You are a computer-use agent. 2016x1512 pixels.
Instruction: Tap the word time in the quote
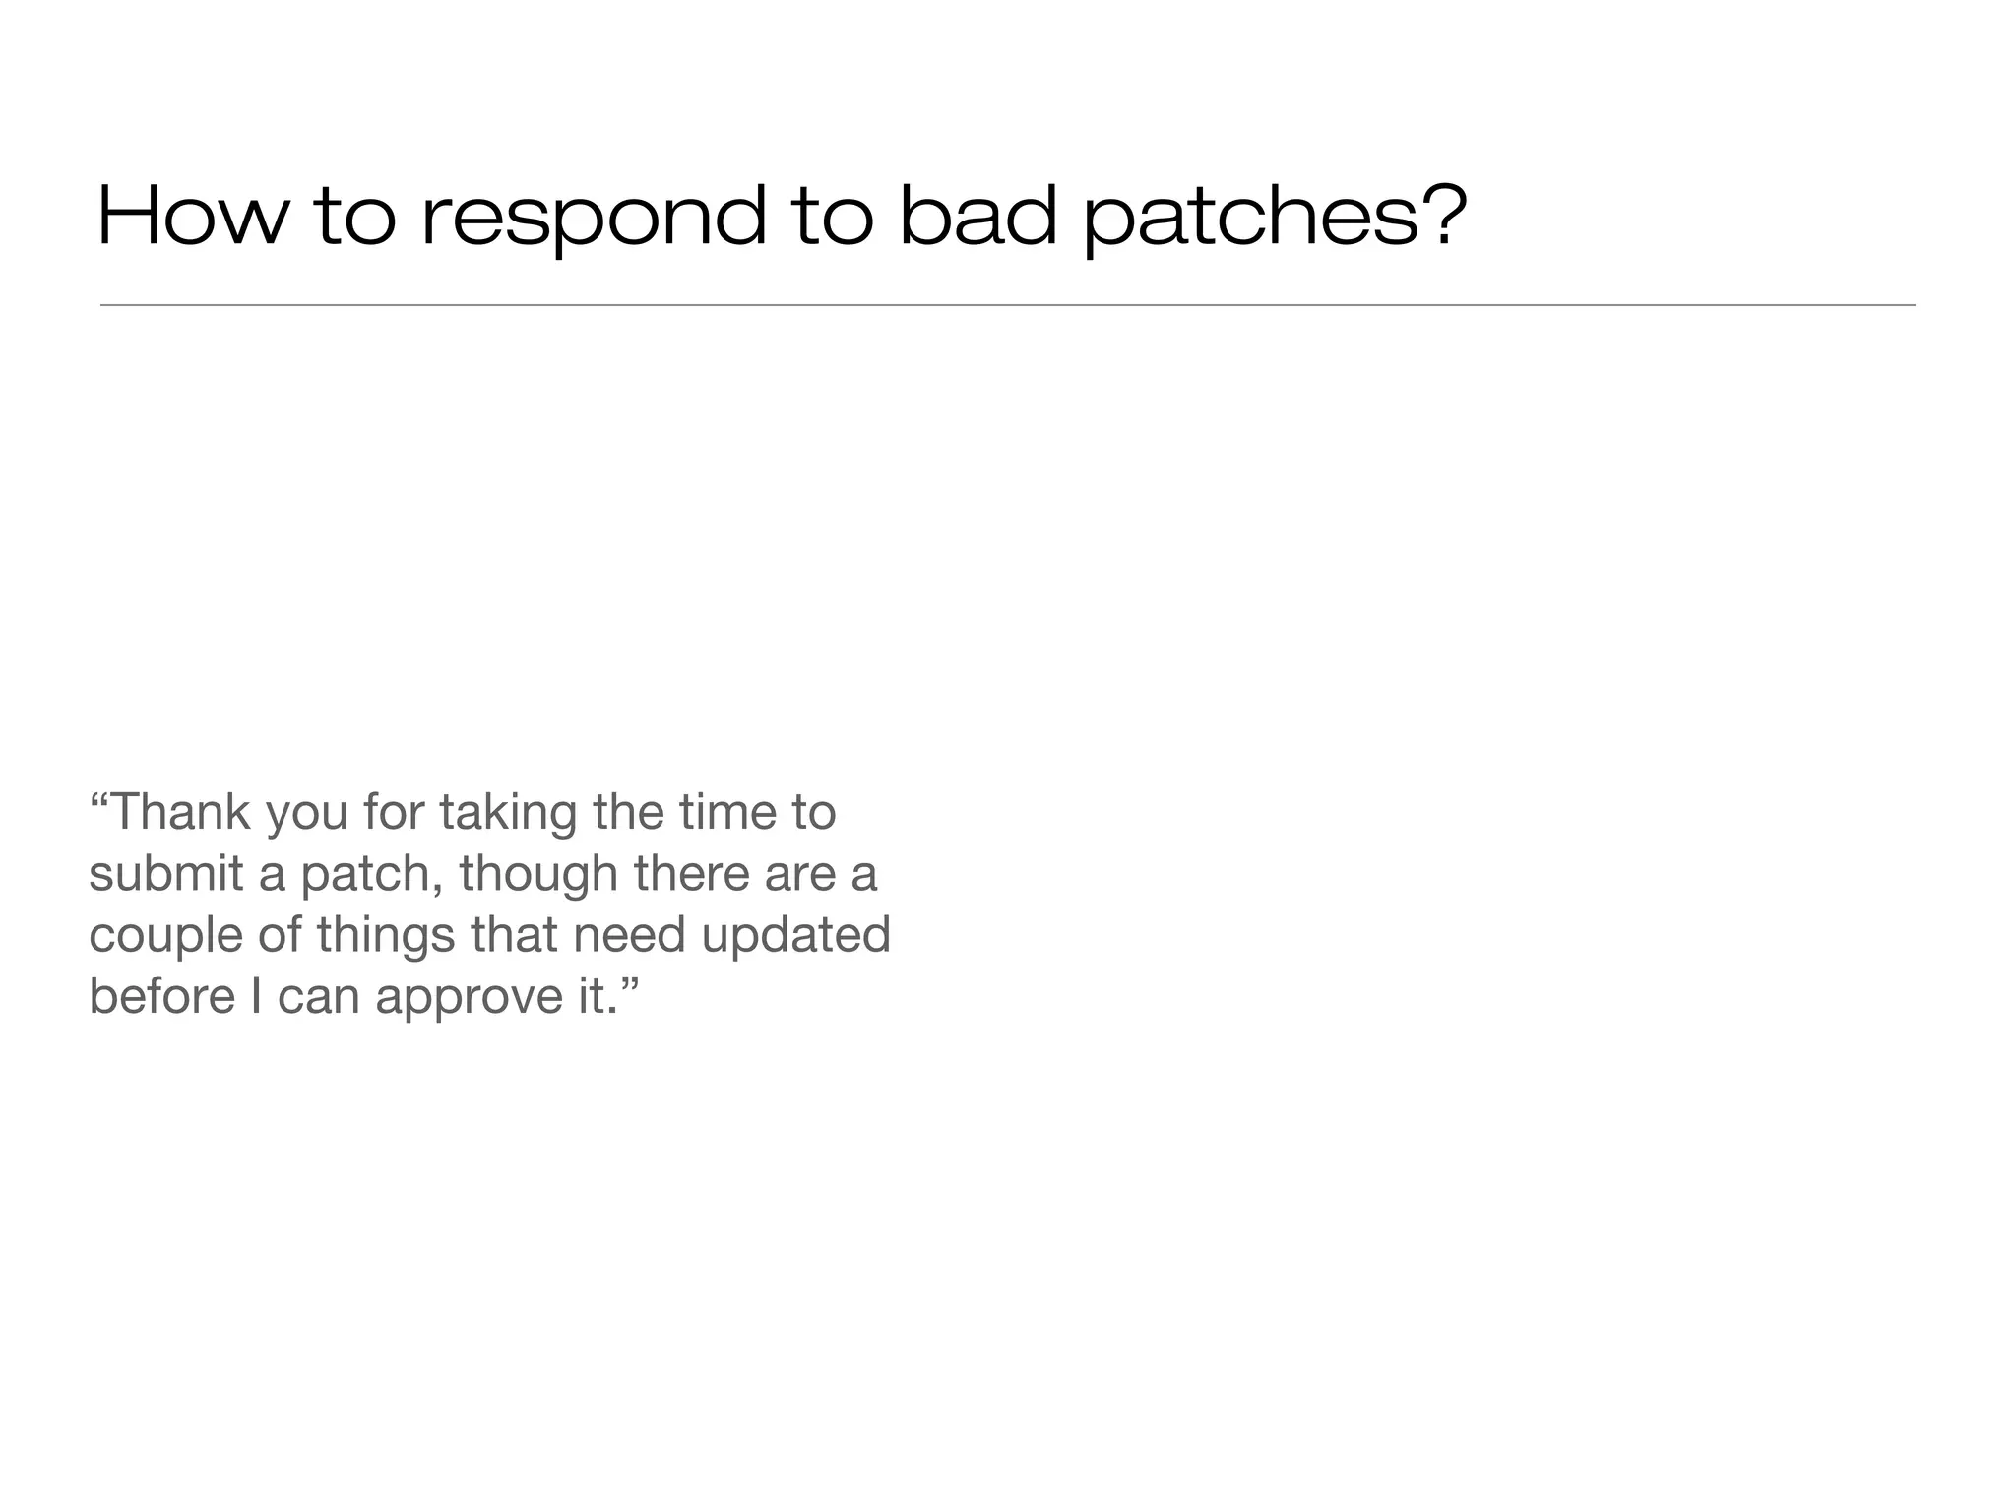(726, 812)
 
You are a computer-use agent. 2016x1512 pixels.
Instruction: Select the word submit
(165, 873)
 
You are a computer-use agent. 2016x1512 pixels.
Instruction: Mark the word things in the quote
(386, 936)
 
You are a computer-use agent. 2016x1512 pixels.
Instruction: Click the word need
(629, 934)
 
